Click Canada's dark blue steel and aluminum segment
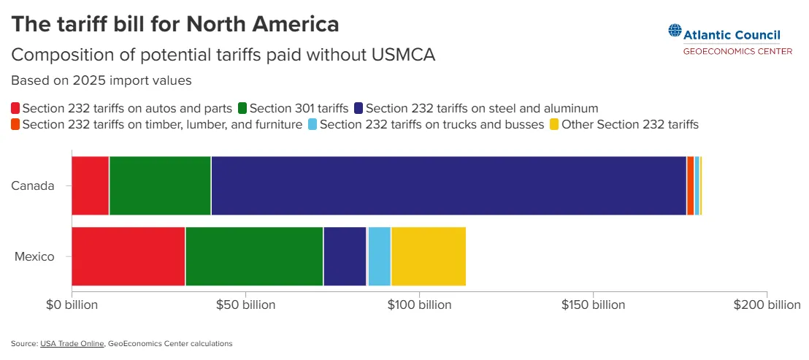pyautogui.click(x=449, y=185)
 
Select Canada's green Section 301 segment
pyautogui.click(x=160, y=185)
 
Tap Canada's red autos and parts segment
pyautogui.click(x=91, y=185)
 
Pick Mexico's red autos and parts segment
pyautogui.click(x=128, y=256)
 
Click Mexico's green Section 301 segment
pyautogui.click(x=254, y=256)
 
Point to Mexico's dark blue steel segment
pyautogui.click(x=345, y=256)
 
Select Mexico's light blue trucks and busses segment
pyautogui.click(x=379, y=256)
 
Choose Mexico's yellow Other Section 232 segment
pyautogui.click(x=429, y=256)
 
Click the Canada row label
pyautogui.click(x=33, y=185)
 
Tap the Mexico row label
pyautogui.click(x=34, y=256)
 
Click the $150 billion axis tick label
pyautogui.click(x=594, y=305)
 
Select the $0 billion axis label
pyautogui.click(x=72, y=305)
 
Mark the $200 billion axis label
pyautogui.click(x=767, y=305)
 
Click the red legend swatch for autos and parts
pyautogui.click(x=15, y=108)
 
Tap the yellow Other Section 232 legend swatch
pyautogui.click(x=554, y=125)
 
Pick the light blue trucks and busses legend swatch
pyautogui.click(x=313, y=125)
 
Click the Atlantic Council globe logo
pyautogui.click(x=675, y=31)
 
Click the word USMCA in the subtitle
pyautogui.click(x=403, y=55)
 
